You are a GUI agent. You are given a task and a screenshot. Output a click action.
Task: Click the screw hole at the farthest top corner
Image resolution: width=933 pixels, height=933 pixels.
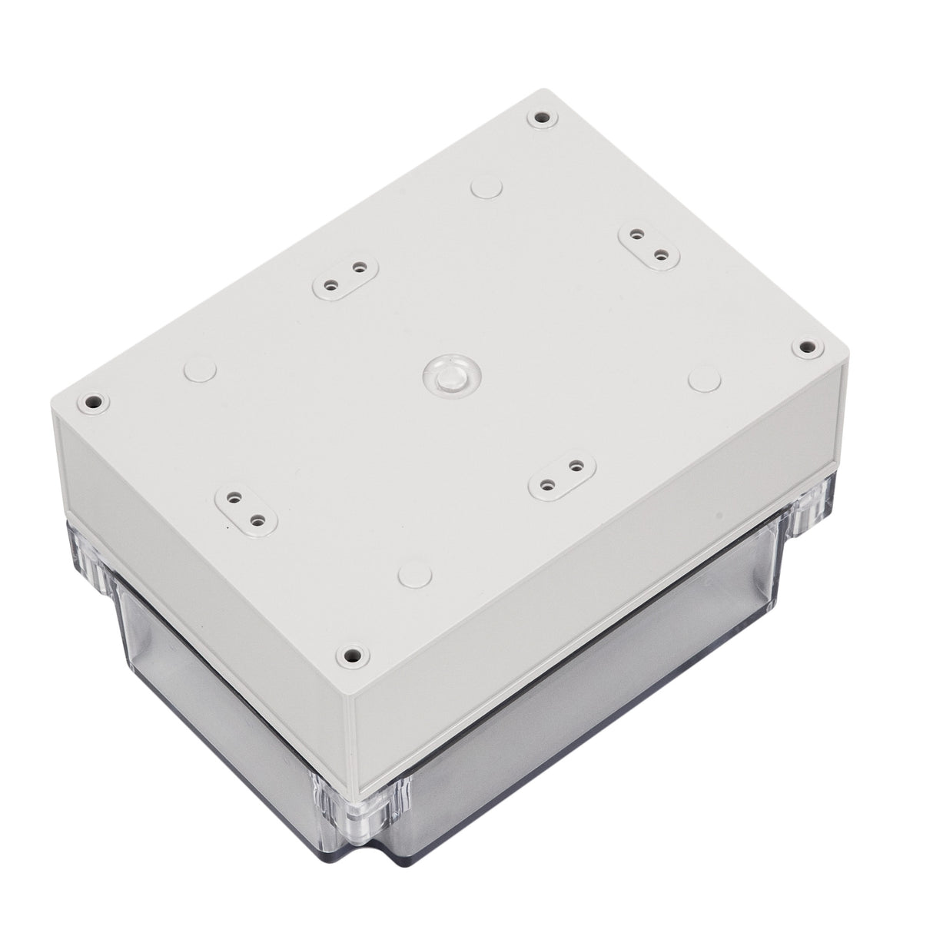coord(542,119)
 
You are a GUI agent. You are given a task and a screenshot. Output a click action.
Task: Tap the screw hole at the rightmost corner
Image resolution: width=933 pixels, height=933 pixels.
coord(805,347)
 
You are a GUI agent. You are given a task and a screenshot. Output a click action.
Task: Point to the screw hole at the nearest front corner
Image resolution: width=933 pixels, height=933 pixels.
coord(352,656)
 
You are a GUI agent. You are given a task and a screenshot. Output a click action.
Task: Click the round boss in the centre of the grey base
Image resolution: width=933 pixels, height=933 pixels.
coord(450,375)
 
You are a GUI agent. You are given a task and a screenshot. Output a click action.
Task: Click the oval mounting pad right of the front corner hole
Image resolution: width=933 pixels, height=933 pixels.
coord(561,475)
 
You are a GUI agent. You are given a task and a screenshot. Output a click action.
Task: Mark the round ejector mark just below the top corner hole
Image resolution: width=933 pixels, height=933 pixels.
coord(486,186)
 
